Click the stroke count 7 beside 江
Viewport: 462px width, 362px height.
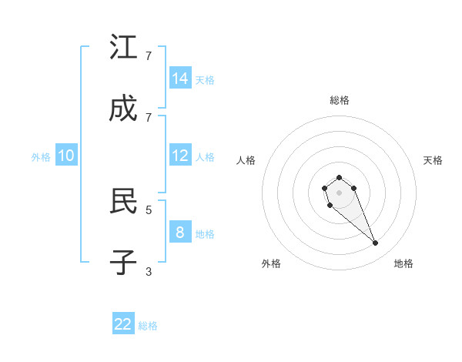(x=149, y=55)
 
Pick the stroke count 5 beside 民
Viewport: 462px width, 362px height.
(x=149, y=209)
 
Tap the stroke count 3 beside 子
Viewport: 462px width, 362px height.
(x=149, y=271)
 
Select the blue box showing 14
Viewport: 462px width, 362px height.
(x=180, y=78)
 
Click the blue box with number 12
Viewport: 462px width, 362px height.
(x=180, y=156)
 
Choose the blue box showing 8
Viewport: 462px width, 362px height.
(x=180, y=232)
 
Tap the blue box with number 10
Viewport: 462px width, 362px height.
(x=66, y=156)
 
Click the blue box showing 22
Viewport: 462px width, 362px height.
(x=123, y=324)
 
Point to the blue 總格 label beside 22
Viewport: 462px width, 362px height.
(x=148, y=326)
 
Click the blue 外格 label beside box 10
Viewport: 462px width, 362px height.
(x=41, y=157)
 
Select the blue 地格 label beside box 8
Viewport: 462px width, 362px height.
(x=205, y=233)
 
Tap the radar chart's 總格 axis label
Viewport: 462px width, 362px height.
(x=339, y=100)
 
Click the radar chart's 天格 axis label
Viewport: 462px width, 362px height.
(x=433, y=160)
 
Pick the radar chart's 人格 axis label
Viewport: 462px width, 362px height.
(x=246, y=160)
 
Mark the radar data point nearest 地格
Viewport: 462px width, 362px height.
(x=376, y=243)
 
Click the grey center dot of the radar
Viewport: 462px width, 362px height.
(x=339, y=193)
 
